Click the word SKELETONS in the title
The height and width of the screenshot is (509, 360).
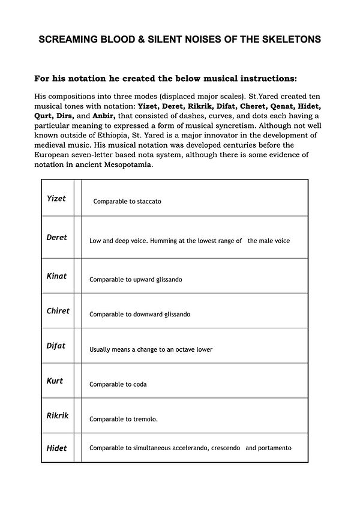coord(292,40)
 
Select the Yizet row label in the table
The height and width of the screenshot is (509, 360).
coord(56,198)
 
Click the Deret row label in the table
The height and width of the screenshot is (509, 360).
coord(57,237)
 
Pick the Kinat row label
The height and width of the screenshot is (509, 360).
coord(56,276)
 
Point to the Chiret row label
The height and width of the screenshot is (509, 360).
coord(58,311)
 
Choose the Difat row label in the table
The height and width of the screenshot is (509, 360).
coord(56,346)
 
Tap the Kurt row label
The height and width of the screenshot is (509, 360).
coord(55,381)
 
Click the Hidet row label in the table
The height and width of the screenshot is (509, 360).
coord(57,448)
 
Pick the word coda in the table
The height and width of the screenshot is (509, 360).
coord(138,384)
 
